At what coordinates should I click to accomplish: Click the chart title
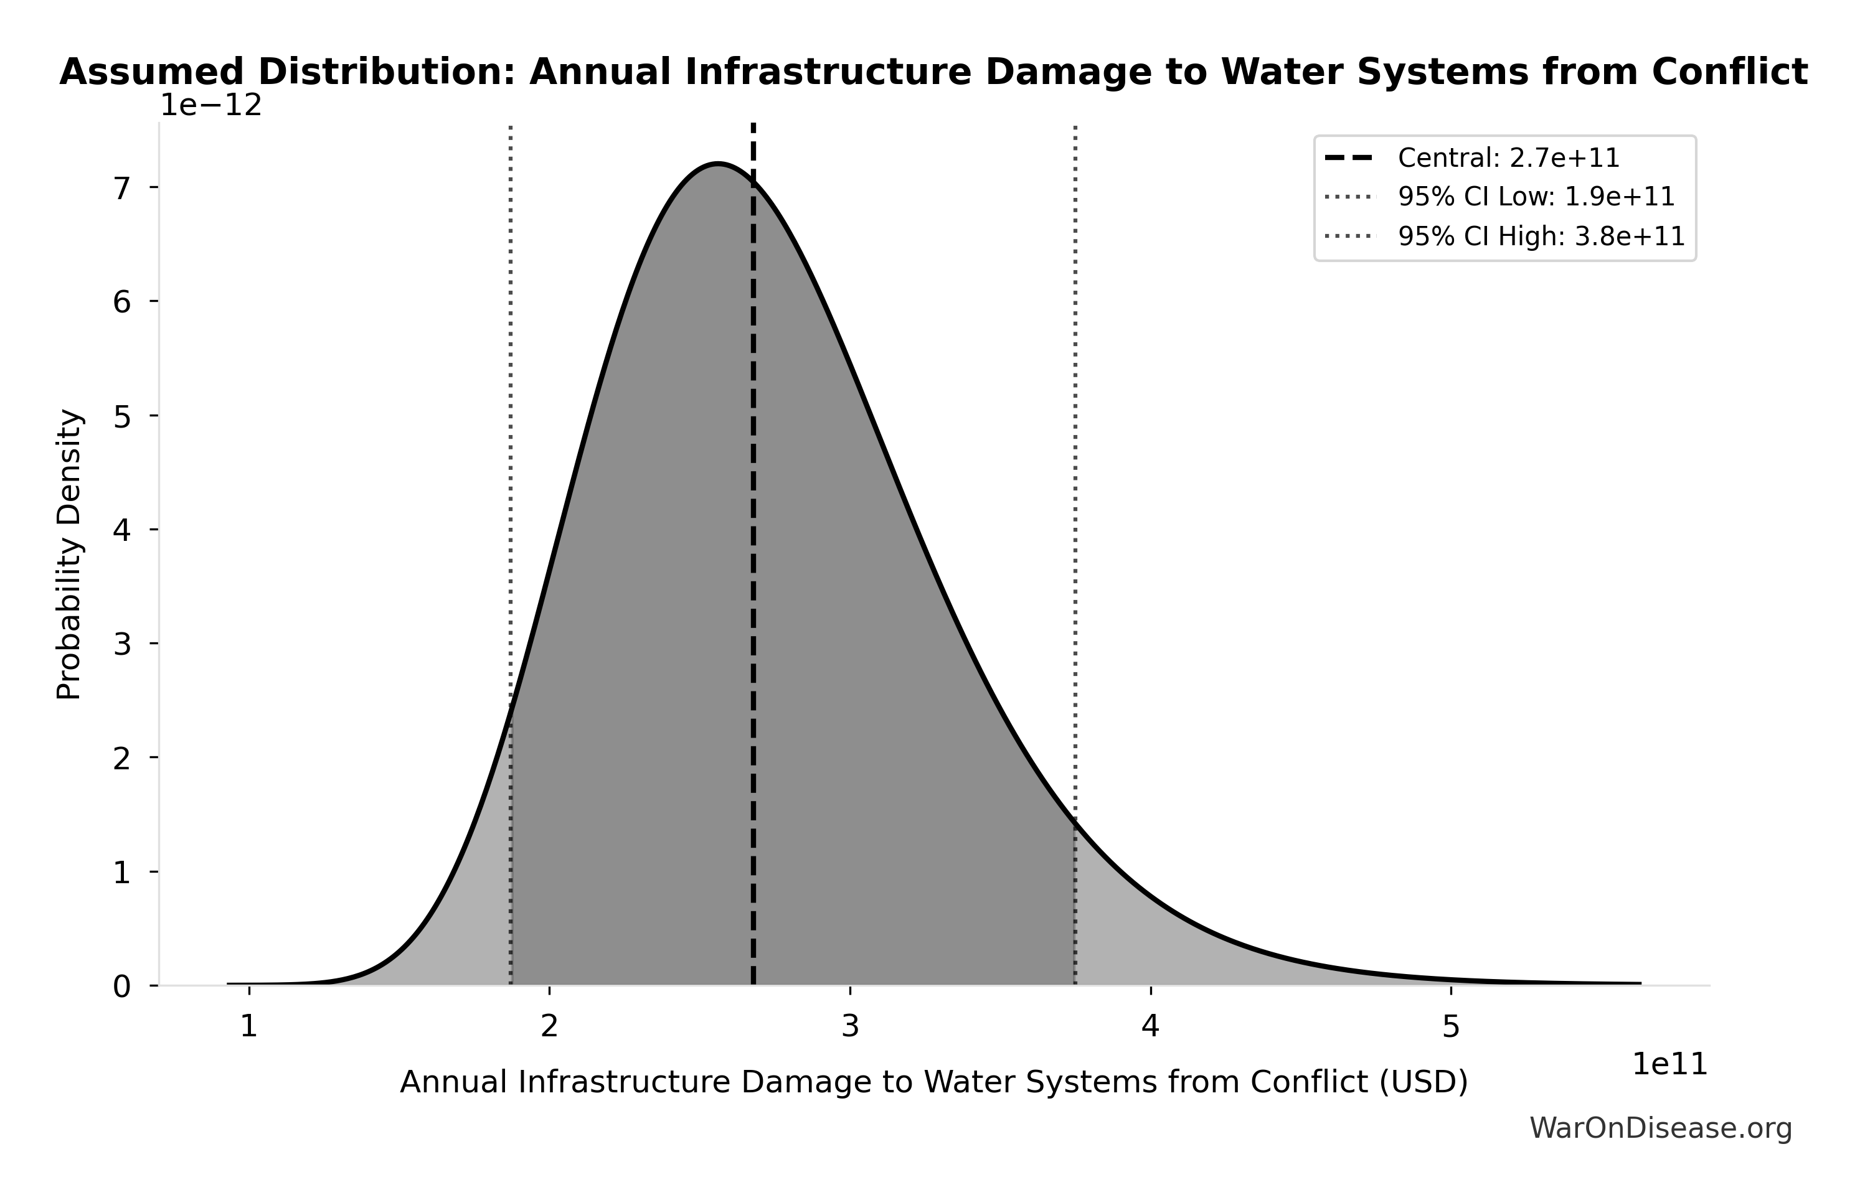pyautogui.click(x=933, y=72)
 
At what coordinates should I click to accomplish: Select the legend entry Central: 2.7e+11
pyautogui.click(x=1509, y=158)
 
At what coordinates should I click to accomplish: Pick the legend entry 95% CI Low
pyautogui.click(x=1536, y=197)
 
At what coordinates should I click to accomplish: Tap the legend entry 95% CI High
pyautogui.click(x=1541, y=236)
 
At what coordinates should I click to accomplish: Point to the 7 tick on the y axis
pyautogui.click(x=122, y=188)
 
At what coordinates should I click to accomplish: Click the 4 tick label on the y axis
pyautogui.click(x=122, y=530)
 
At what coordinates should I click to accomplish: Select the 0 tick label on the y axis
pyautogui.click(x=122, y=987)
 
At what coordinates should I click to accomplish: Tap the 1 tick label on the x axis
pyautogui.click(x=248, y=1027)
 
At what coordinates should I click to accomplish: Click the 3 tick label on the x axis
pyautogui.click(x=849, y=1027)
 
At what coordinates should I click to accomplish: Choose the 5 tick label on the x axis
pyautogui.click(x=1450, y=1027)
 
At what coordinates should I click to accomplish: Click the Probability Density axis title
pyautogui.click(x=69, y=554)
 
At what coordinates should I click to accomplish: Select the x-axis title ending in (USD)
pyautogui.click(x=933, y=1082)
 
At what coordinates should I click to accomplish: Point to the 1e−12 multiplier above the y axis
pyautogui.click(x=211, y=106)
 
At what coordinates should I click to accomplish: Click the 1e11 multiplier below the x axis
pyautogui.click(x=1669, y=1064)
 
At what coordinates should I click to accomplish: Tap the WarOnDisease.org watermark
pyautogui.click(x=1661, y=1128)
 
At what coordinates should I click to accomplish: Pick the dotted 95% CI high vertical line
pyautogui.click(x=1075, y=467)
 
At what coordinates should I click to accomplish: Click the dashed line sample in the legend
pyautogui.click(x=1349, y=158)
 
